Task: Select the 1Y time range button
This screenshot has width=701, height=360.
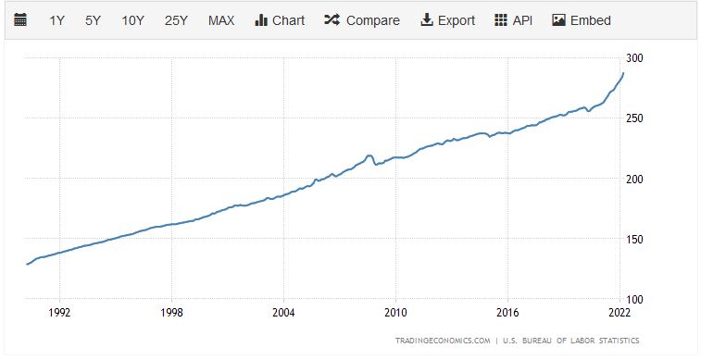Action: point(57,20)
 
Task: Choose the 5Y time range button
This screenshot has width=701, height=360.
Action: point(93,20)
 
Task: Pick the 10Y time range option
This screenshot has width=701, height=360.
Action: point(133,20)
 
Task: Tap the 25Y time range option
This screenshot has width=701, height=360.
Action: point(176,20)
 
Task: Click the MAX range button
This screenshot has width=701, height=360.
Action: point(221,20)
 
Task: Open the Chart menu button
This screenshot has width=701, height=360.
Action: point(279,20)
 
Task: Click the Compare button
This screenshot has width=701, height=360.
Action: point(362,20)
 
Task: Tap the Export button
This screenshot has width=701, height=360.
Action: point(448,20)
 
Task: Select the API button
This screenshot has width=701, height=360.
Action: point(514,20)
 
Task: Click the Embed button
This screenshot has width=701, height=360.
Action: point(582,20)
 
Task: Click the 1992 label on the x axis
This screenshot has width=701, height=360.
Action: point(59,312)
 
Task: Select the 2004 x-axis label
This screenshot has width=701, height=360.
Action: point(283,312)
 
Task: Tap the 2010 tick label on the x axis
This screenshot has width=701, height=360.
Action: point(395,312)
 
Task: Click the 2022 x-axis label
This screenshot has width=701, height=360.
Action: point(620,312)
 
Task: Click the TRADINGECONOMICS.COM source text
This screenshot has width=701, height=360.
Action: point(443,340)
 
